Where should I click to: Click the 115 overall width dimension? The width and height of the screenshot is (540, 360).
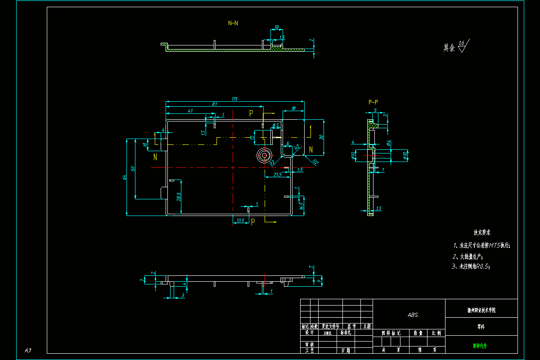click(x=234, y=99)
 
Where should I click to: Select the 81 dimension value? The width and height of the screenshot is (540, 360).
click(x=215, y=104)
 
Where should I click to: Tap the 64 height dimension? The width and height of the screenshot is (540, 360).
click(x=124, y=177)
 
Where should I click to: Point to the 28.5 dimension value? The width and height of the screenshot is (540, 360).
click(x=179, y=197)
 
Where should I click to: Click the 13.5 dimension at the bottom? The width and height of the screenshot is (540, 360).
click(x=240, y=220)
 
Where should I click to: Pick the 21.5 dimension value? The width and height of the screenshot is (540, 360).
click(x=278, y=174)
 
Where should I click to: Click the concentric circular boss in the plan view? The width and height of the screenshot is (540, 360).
click(x=264, y=156)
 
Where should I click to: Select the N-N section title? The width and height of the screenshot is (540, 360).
click(x=233, y=22)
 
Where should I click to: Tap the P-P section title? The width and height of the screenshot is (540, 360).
click(x=373, y=102)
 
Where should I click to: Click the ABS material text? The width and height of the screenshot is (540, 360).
click(x=413, y=315)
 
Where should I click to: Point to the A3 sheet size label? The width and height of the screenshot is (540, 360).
click(x=28, y=350)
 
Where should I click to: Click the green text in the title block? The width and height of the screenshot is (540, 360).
click(x=480, y=346)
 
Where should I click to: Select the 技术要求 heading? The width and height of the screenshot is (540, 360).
click(x=481, y=233)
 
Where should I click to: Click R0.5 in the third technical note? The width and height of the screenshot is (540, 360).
click(x=482, y=266)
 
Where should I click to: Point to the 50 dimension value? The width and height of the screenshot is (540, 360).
click(x=133, y=168)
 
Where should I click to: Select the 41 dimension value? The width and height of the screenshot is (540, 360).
click(x=190, y=110)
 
